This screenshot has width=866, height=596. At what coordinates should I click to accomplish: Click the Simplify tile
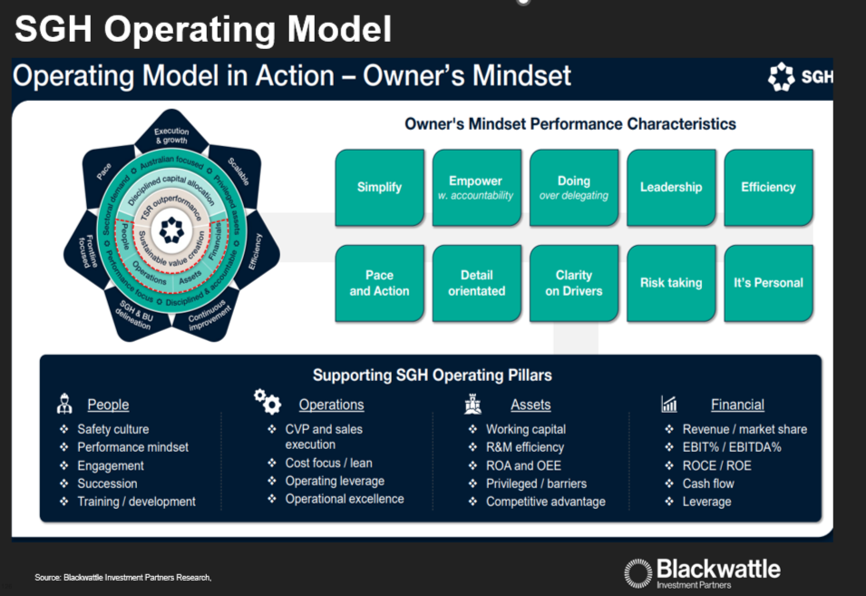379,188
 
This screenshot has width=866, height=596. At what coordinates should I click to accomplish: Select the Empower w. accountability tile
476,188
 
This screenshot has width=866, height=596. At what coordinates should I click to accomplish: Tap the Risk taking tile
671,283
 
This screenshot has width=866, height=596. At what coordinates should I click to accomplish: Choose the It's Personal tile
768,283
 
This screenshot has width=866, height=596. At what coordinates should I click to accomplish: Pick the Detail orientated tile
476,283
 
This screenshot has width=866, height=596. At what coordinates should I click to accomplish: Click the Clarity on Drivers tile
574,283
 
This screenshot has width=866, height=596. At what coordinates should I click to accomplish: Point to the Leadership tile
671,188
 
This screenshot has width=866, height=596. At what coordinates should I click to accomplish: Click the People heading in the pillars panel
108,405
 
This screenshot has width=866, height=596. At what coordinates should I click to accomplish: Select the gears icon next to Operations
267,401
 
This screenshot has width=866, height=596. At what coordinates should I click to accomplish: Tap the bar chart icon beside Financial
669,404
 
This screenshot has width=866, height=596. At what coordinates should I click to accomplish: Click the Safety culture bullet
112,429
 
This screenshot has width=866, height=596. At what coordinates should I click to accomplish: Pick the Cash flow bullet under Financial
708,484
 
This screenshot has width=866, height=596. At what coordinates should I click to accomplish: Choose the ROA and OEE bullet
523,465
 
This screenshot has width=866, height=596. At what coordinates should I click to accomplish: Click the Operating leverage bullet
335,481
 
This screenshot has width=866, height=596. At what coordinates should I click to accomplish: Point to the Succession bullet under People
107,484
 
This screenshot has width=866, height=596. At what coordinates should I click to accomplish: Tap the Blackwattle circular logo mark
638,573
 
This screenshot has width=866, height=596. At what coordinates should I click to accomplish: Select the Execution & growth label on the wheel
171,136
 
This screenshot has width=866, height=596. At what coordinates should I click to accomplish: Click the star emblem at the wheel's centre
171,230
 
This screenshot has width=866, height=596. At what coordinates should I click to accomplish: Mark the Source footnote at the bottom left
123,578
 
